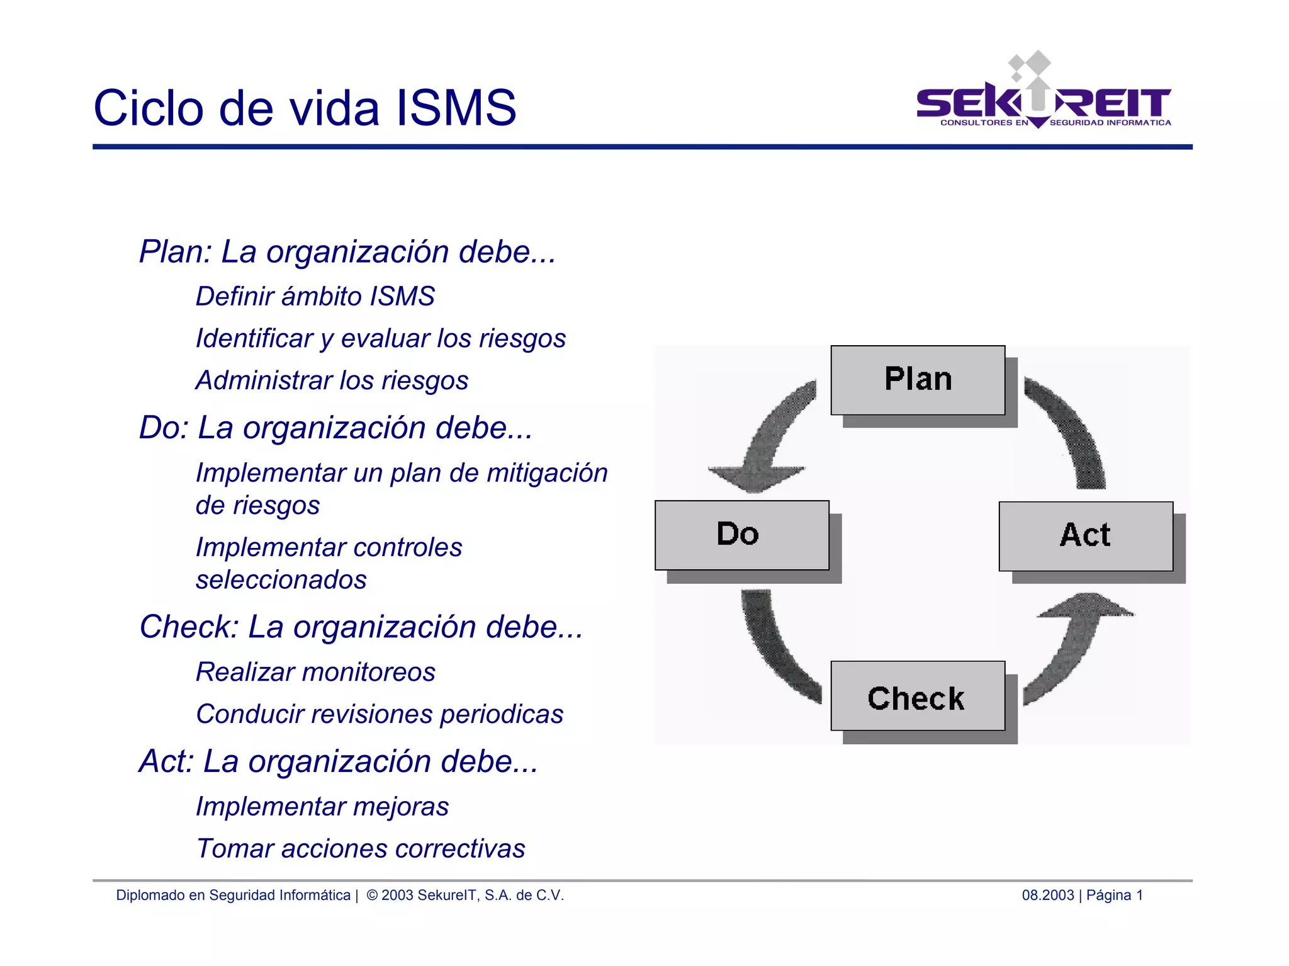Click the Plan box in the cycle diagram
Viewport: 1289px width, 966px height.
coord(918,380)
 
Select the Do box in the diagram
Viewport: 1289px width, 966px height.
coord(741,535)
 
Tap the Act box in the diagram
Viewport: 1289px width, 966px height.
coord(1086,536)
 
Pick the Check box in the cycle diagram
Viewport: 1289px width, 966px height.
coord(917,696)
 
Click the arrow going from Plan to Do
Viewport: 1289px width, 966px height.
coord(771,441)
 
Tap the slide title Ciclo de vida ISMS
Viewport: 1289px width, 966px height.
coord(305,108)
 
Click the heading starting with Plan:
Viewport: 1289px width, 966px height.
coord(347,252)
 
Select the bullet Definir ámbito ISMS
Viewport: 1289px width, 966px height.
coord(315,297)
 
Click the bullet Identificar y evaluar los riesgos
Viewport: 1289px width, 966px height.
coord(380,339)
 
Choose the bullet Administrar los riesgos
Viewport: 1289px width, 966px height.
coord(332,381)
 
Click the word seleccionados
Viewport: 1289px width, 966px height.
coord(281,580)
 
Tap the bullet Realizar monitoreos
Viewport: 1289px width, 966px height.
coord(315,673)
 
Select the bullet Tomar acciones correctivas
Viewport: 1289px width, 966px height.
coord(360,849)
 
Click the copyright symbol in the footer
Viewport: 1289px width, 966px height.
coord(372,895)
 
